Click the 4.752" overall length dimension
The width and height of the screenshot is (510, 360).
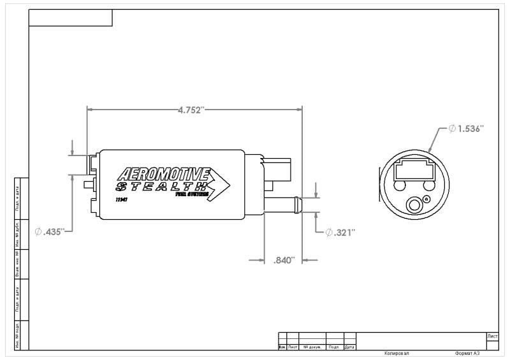[x=191, y=110]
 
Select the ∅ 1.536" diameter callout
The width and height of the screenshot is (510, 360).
[x=466, y=129]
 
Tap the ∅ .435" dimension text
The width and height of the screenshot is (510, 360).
[x=50, y=232]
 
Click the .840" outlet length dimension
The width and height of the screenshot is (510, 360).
[x=284, y=260]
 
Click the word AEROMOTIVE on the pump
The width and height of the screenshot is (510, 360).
[x=165, y=175]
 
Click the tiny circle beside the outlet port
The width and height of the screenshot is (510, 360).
[x=427, y=199]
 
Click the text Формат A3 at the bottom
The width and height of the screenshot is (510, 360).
[x=467, y=352]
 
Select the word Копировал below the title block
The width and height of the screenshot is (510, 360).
[x=397, y=352]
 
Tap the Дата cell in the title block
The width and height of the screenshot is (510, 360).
[x=349, y=347]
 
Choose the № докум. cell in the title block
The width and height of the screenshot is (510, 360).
[x=312, y=347]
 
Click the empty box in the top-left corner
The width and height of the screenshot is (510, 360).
[x=71, y=18]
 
